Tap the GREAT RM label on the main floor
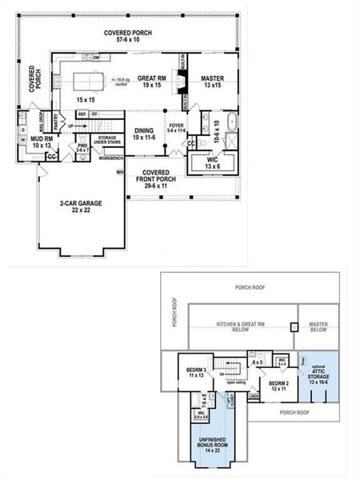pyautogui.click(x=151, y=78)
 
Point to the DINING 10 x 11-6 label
pyautogui.click(x=144, y=133)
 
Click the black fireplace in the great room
pyautogui.click(x=182, y=83)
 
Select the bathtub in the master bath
pyautogui.click(x=230, y=123)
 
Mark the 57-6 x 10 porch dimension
pyautogui.click(x=126, y=38)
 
